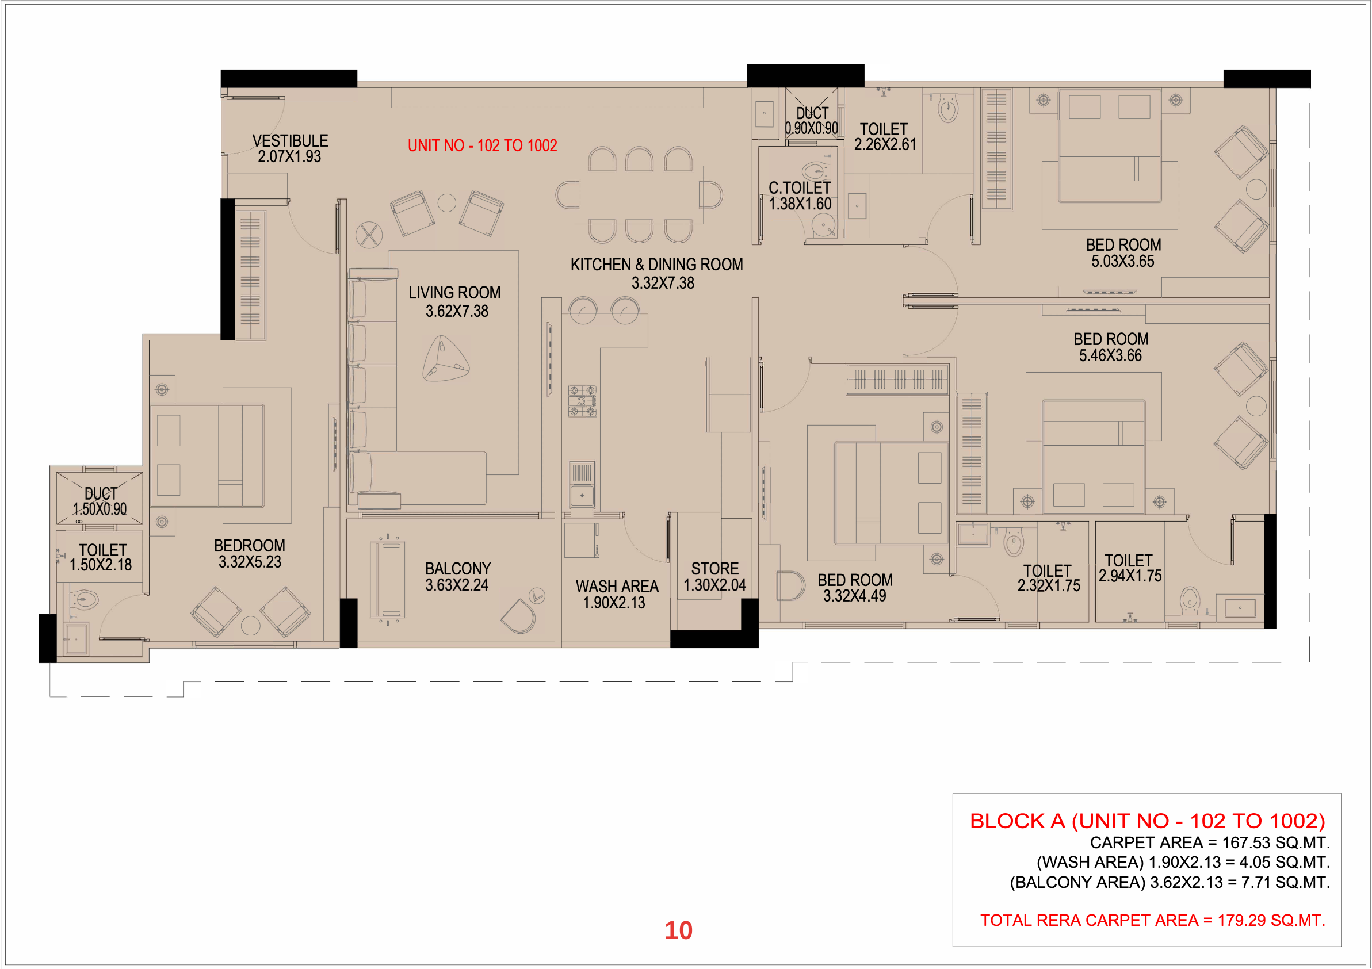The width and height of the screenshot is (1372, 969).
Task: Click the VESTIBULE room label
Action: point(290,141)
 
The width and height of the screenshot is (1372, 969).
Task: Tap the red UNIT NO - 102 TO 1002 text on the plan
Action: point(482,145)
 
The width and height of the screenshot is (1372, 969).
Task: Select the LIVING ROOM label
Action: point(454,293)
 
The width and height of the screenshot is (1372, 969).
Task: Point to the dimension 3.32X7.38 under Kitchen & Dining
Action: point(663,283)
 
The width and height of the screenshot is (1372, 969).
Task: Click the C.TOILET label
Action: point(800,187)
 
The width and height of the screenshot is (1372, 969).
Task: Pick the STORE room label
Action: point(714,569)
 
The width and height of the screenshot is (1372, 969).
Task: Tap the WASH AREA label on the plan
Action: point(617,587)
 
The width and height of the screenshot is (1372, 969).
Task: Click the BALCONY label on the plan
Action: point(458,569)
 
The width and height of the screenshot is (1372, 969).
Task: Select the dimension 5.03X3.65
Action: point(1123,261)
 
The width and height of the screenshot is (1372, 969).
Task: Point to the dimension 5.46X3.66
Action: point(1110,355)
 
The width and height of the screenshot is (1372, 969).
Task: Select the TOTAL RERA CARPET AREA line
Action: point(1153,920)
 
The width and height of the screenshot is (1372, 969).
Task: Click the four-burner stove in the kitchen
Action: point(582,401)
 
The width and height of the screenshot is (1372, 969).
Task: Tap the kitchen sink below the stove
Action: point(582,484)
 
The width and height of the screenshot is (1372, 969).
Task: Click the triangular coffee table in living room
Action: point(445,358)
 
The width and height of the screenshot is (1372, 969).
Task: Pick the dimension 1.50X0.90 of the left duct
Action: point(100,509)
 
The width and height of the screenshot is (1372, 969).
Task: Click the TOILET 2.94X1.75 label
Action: point(1129,568)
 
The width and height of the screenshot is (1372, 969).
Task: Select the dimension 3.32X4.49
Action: point(854,596)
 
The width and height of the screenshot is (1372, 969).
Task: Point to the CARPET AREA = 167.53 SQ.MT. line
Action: point(1210,842)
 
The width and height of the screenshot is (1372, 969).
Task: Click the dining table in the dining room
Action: point(639,195)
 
